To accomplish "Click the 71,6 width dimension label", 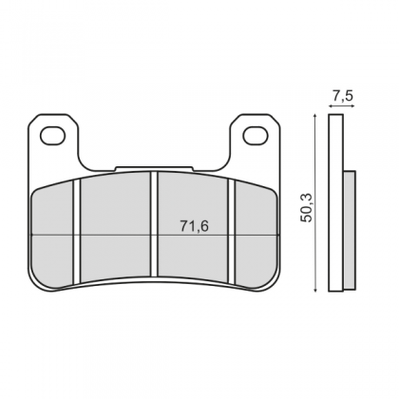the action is [195, 226].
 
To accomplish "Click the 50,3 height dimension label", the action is [308, 207].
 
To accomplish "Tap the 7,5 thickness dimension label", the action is [343, 95].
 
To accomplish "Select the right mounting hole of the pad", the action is [256, 135].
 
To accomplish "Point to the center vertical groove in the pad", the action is [154, 225].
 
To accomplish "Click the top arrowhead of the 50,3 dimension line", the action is [314, 116].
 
